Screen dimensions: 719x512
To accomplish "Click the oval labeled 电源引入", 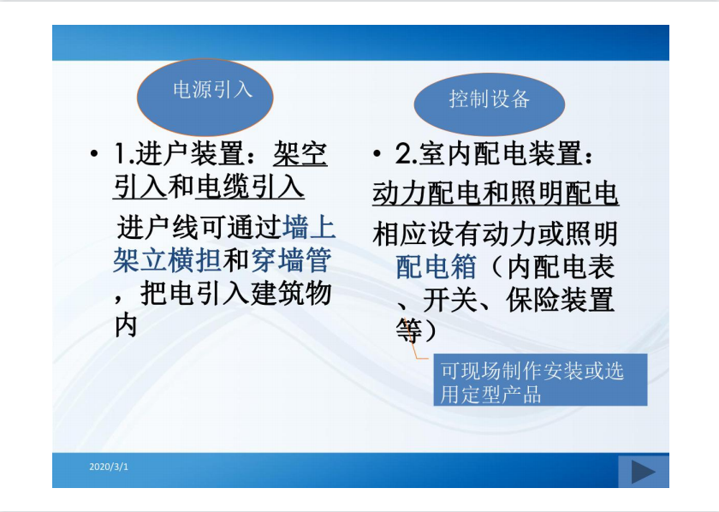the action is point(205,97).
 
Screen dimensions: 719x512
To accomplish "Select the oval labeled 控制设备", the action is point(490,104).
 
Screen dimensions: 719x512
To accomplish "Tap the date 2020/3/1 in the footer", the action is point(109,467).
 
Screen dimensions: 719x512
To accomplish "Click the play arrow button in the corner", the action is point(644,472).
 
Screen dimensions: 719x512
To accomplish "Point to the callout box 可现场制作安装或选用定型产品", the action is point(540,379).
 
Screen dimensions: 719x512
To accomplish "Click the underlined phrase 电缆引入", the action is point(250,188).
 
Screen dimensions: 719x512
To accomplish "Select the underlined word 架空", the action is point(300,153).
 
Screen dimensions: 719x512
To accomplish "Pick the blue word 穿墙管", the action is point(291,260).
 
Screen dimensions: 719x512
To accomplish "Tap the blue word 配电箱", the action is point(436,266).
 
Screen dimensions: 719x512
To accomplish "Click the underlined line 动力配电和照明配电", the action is point(496,193).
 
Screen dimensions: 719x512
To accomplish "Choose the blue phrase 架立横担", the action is point(168,260).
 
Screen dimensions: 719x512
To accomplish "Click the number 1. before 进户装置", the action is point(124,154).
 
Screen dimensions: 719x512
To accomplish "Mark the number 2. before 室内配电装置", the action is point(406,154).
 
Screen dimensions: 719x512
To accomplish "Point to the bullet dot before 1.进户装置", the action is point(94,153).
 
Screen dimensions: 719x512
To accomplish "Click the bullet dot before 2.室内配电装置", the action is point(377,153).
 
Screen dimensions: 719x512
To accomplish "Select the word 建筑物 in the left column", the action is point(291,294).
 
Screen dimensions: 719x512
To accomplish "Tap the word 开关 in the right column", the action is point(450,300).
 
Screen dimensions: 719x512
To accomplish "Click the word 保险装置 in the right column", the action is point(560,300).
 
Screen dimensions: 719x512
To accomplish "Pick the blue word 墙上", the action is point(310,227).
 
